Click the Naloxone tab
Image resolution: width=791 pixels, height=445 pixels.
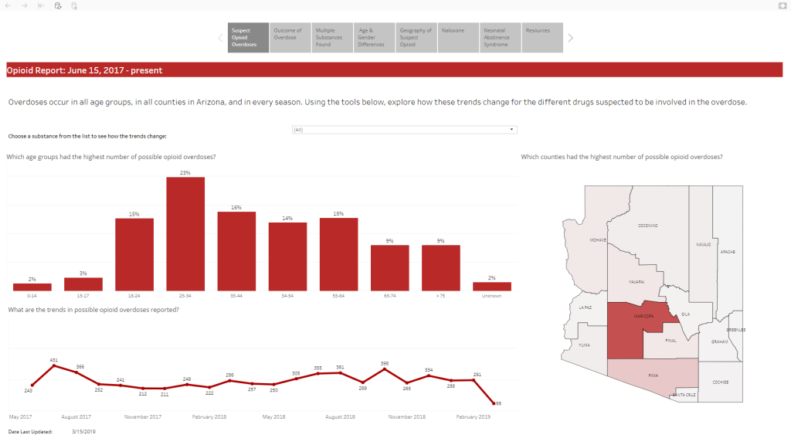(x=458, y=37)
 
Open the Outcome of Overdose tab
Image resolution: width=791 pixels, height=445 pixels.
(x=290, y=37)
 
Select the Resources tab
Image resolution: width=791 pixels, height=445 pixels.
(x=542, y=37)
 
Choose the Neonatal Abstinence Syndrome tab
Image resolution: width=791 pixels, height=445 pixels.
(x=501, y=37)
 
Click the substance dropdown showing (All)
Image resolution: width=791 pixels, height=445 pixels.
(x=404, y=130)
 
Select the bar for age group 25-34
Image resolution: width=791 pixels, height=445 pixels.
(x=185, y=233)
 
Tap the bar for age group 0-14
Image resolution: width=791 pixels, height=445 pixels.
(x=32, y=287)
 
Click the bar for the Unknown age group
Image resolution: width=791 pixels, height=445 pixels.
(x=492, y=286)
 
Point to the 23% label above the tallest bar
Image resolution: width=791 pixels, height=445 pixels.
(x=185, y=173)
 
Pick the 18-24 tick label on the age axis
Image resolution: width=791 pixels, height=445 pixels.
(x=134, y=296)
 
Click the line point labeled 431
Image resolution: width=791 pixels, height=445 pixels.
(x=54, y=365)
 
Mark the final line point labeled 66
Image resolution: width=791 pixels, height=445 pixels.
(x=494, y=403)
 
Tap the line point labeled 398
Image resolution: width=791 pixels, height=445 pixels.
(x=385, y=369)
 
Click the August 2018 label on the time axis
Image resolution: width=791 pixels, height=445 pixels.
(x=340, y=417)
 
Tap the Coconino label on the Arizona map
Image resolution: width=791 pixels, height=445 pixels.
(x=647, y=226)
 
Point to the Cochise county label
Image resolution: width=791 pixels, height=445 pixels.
(x=720, y=382)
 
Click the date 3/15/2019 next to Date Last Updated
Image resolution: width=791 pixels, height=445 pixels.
(x=83, y=432)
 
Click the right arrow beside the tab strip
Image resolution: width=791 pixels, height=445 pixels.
(x=571, y=37)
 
